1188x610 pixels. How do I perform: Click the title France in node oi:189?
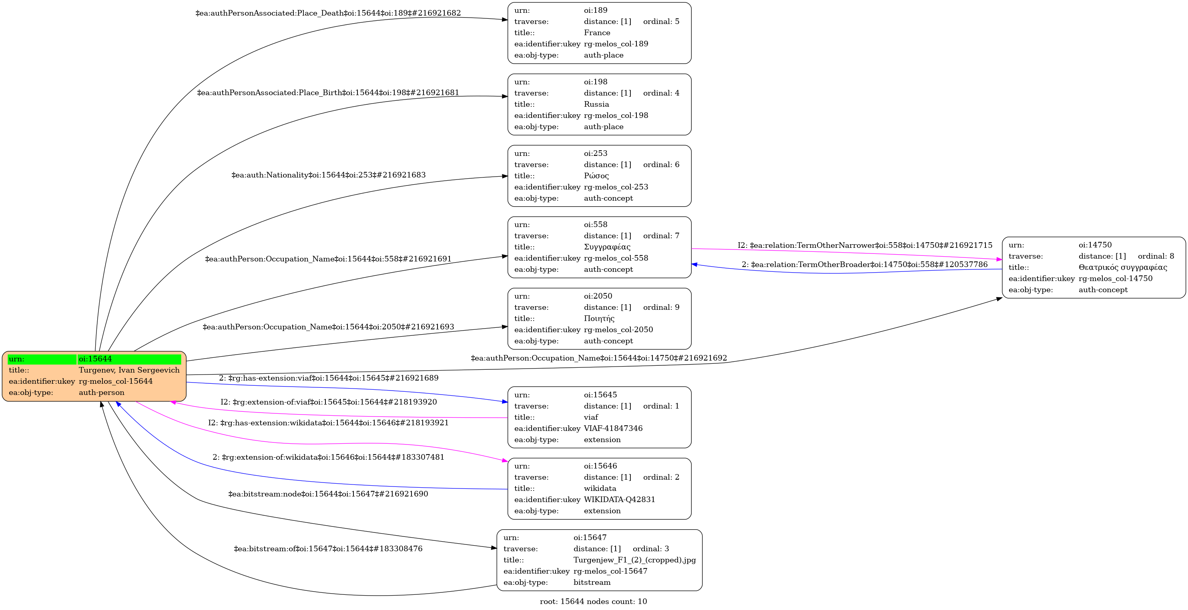597,33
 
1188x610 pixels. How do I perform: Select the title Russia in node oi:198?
596,104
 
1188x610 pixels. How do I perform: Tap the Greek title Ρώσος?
596,175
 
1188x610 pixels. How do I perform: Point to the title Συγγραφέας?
607,247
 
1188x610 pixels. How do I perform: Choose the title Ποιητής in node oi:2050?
599,318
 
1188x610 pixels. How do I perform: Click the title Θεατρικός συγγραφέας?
1122,267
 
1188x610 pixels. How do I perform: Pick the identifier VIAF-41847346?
613,429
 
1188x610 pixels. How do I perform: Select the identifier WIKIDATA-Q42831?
619,499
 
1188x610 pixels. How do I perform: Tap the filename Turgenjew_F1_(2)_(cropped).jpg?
634,560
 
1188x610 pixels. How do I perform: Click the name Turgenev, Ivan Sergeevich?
129,370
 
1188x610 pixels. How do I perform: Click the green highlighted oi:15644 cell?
129,359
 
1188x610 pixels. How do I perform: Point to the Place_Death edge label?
328,13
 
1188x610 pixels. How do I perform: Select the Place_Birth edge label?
328,93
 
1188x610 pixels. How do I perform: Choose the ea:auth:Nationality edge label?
328,175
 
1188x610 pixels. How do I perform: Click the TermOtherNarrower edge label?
865,245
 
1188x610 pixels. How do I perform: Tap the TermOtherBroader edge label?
864,265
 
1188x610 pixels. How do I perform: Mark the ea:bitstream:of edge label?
328,549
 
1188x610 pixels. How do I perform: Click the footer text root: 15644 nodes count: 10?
593,601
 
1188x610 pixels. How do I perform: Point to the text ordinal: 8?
1156,256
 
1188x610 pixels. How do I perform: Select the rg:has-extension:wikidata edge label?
328,423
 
